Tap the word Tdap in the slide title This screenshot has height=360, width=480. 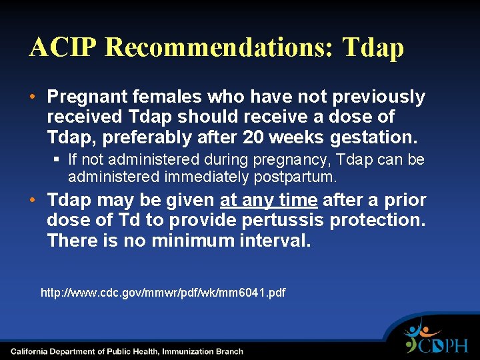tap(373, 48)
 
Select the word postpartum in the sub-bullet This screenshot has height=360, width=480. tap(297, 177)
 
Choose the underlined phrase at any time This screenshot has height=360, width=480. tap(269, 200)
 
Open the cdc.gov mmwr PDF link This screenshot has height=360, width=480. tap(163, 293)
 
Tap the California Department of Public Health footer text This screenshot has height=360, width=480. tap(127, 351)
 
